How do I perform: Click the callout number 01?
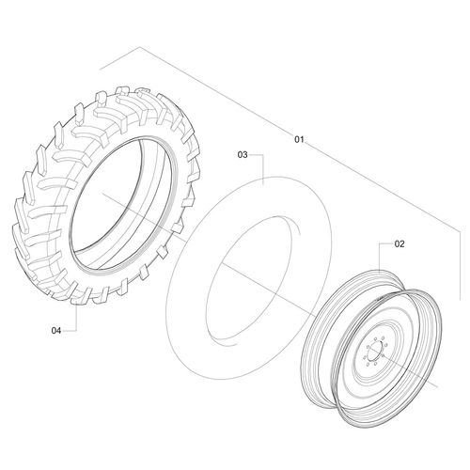[300, 140]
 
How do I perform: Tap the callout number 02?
[399, 243]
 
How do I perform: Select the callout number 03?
[242, 153]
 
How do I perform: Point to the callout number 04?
[56, 330]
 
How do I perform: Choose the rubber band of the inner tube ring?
[188, 282]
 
